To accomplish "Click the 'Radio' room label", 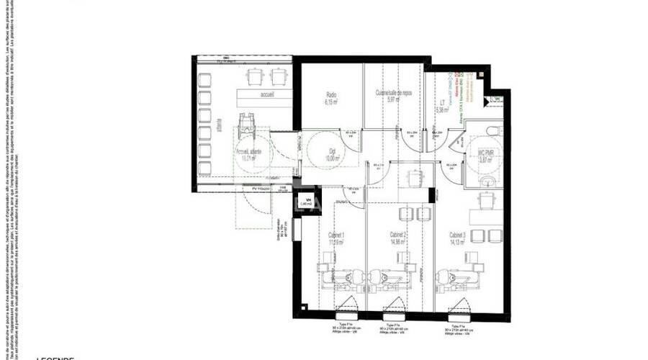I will click(332, 94).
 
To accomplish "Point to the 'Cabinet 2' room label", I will click(399, 235).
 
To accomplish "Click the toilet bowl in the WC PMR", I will click(491, 130).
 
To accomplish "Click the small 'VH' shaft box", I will click(305, 202).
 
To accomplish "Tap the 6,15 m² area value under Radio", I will click(332, 102).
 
